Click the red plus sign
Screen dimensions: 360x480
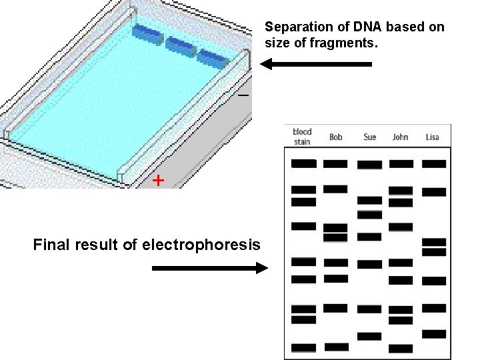click(x=158, y=180)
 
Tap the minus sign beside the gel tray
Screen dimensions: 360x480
click(x=243, y=96)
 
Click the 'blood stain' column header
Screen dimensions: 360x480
click(x=302, y=137)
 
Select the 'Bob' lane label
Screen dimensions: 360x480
click(x=336, y=137)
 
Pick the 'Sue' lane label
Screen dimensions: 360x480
click(x=370, y=137)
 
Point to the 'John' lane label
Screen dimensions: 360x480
click(x=400, y=137)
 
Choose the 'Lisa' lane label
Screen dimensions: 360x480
click(x=433, y=137)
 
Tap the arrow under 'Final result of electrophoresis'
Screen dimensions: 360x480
click(x=210, y=268)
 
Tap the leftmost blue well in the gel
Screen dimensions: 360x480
click(x=147, y=34)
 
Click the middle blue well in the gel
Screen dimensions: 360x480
click(x=181, y=45)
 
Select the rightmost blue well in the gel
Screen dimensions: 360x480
click(x=213, y=57)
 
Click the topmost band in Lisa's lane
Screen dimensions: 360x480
click(x=434, y=163)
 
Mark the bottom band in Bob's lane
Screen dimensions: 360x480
click(x=336, y=347)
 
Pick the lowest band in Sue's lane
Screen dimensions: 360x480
click(x=369, y=335)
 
